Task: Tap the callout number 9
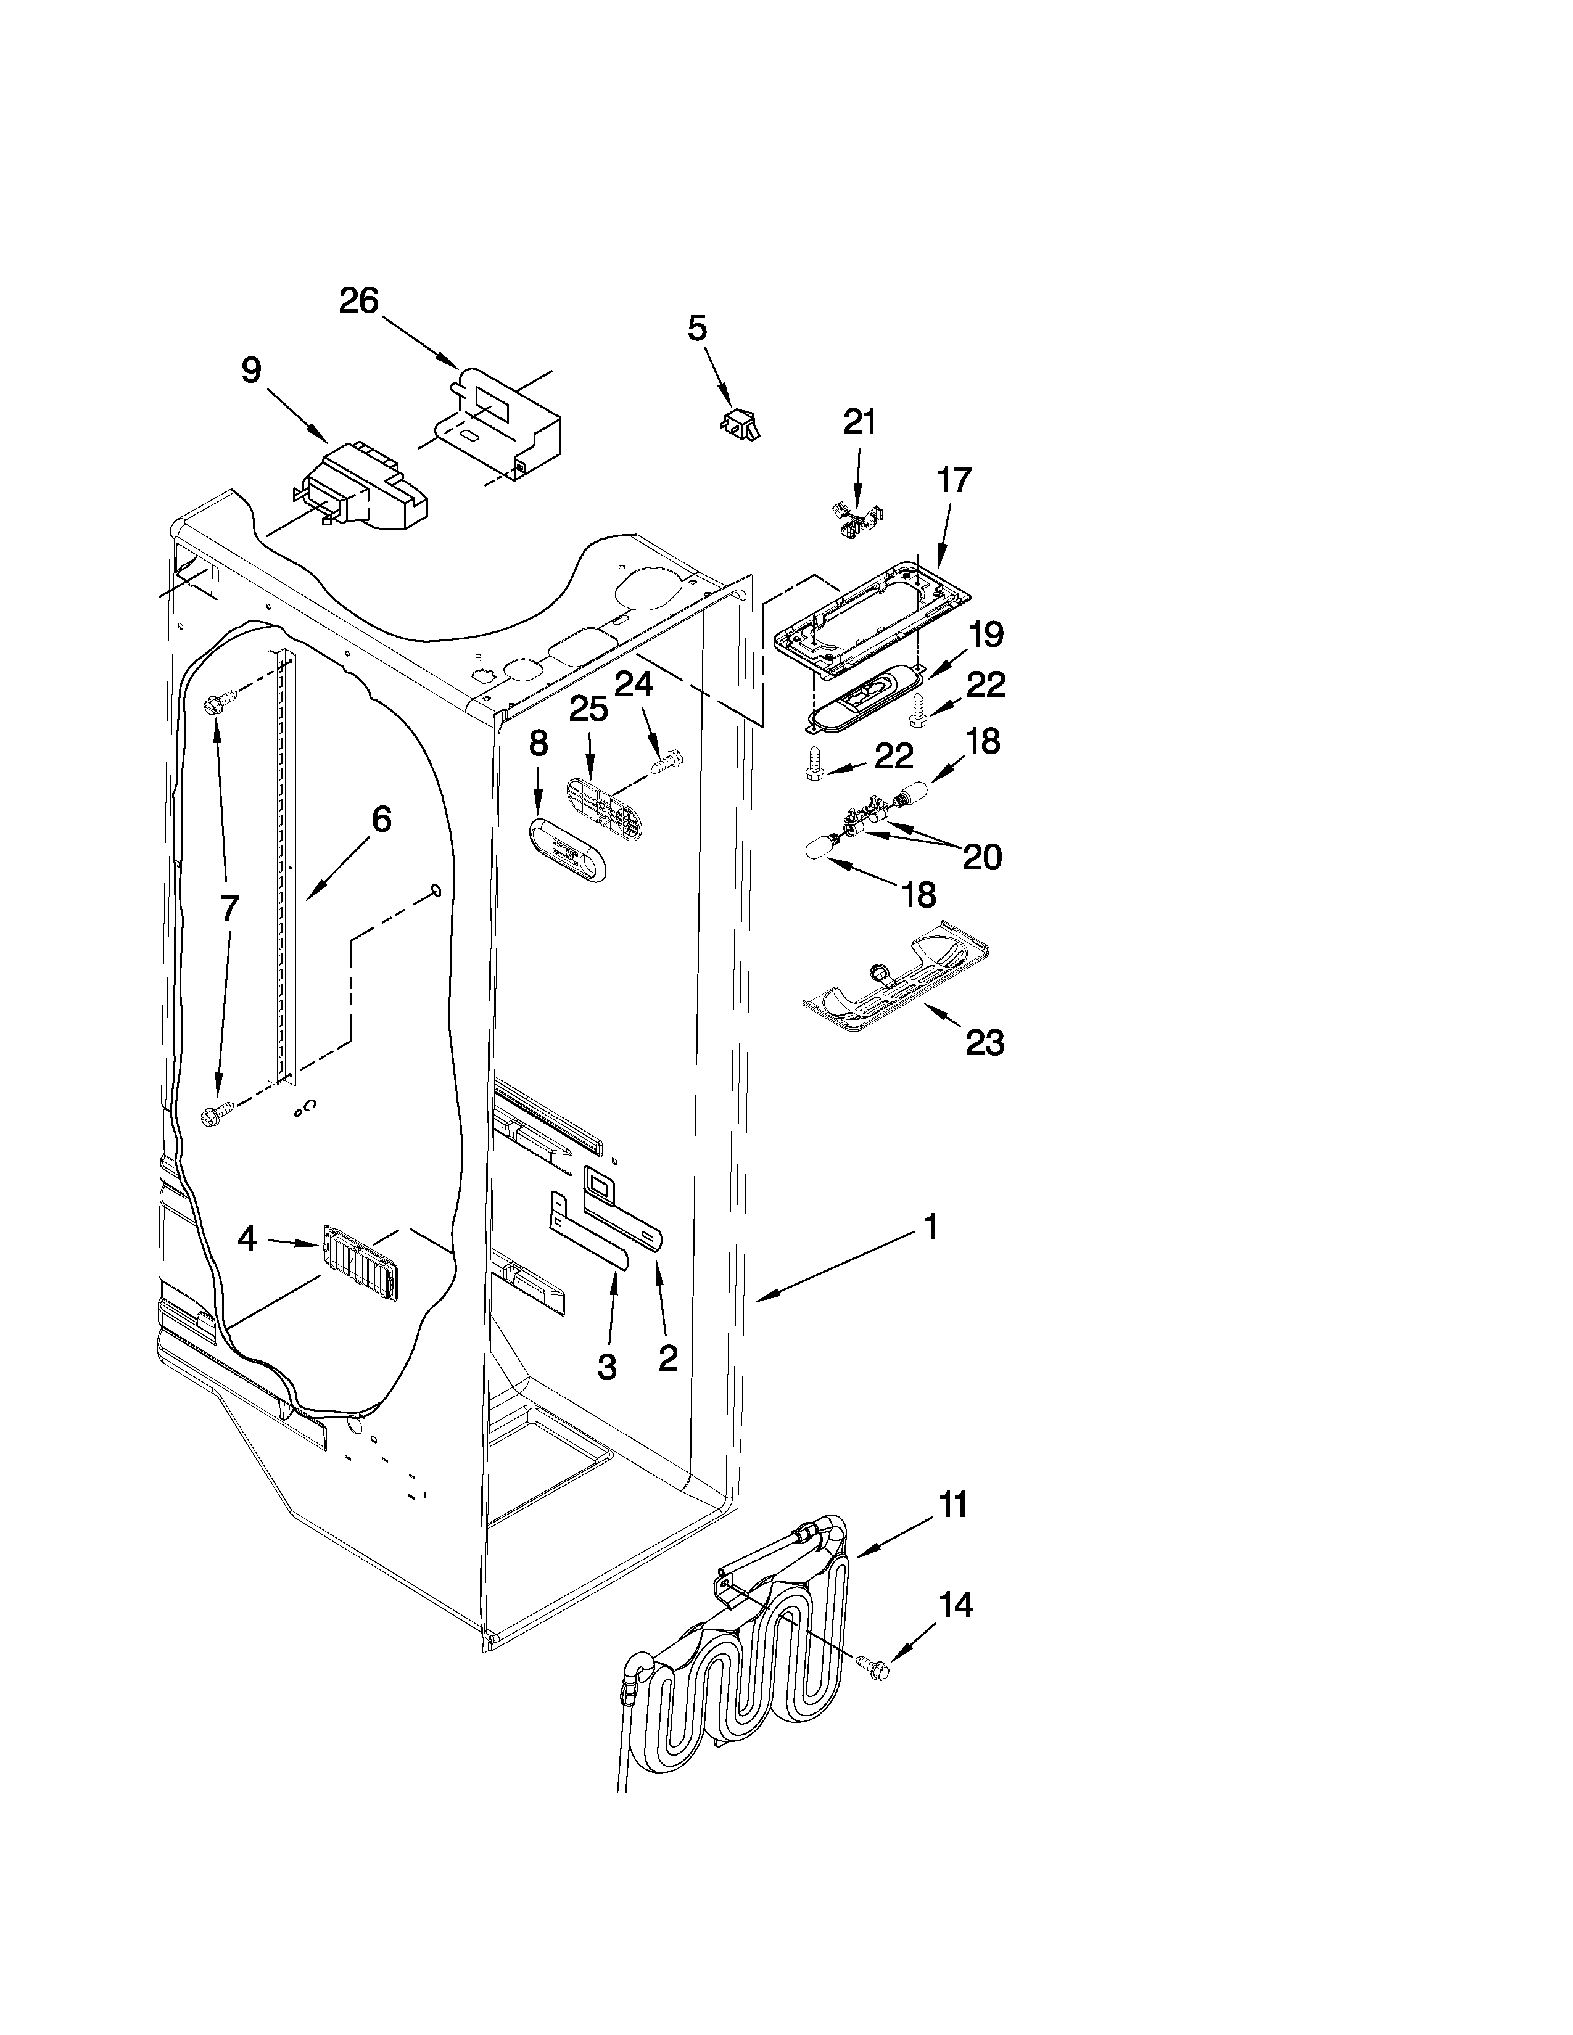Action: [252, 371]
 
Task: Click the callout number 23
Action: [984, 1043]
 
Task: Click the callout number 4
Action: [246, 1238]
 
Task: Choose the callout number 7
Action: [229, 908]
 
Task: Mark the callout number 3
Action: [606, 1367]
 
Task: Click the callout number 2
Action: [667, 1358]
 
